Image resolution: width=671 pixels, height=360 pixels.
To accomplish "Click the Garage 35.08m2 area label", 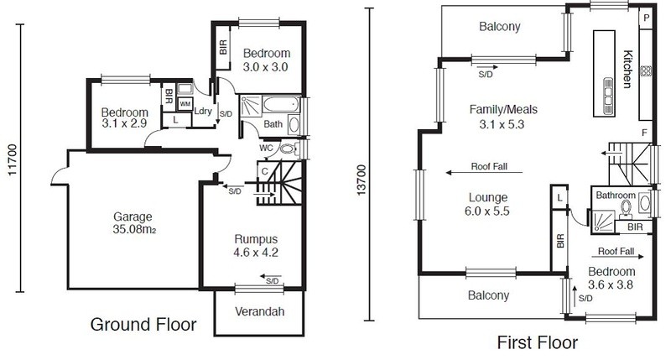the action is (133, 223).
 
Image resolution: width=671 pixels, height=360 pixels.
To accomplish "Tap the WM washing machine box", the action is (185, 104).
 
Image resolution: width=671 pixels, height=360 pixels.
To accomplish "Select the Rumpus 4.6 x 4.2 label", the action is (256, 246).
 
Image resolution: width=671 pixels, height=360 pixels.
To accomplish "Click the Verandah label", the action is (260, 311).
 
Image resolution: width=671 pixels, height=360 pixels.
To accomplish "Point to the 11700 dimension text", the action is (12, 159).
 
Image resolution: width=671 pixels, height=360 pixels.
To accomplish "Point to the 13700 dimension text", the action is (362, 180).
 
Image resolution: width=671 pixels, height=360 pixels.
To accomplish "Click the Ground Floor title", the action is (143, 325).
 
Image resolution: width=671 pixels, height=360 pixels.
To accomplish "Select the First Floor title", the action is (537, 342).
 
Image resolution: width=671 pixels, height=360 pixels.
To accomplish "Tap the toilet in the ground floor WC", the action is (288, 149).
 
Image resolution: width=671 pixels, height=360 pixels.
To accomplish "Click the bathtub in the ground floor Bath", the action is (281, 104).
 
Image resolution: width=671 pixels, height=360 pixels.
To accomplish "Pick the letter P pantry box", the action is (646, 18).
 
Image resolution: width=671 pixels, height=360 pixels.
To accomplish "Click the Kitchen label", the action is (627, 69).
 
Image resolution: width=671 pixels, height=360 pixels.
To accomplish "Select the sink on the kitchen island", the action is (608, 97).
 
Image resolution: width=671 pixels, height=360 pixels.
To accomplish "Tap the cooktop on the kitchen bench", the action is (646, 70).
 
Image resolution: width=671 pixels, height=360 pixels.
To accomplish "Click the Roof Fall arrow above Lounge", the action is (484, 173).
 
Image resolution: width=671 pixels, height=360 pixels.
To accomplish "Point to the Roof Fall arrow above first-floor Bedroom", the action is (617, 257).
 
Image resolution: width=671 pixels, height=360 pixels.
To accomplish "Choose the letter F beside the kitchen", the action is (644, 133).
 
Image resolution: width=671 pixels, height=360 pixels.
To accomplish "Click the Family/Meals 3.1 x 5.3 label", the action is (502, 117).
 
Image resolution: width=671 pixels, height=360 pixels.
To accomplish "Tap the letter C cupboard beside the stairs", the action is (264, 172).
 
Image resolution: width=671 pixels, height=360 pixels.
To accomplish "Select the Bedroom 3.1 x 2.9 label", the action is (124, 117).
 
